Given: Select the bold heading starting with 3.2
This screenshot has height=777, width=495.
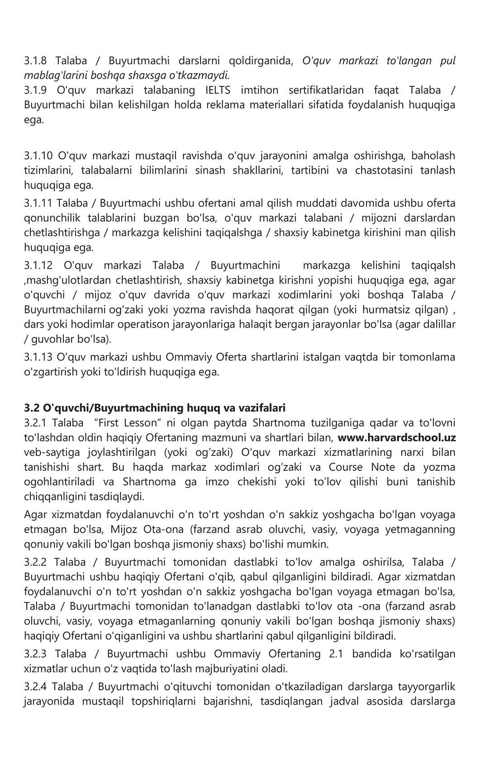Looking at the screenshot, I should pos(155,408).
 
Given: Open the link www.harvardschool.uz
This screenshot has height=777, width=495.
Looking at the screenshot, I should pos(396,438).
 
